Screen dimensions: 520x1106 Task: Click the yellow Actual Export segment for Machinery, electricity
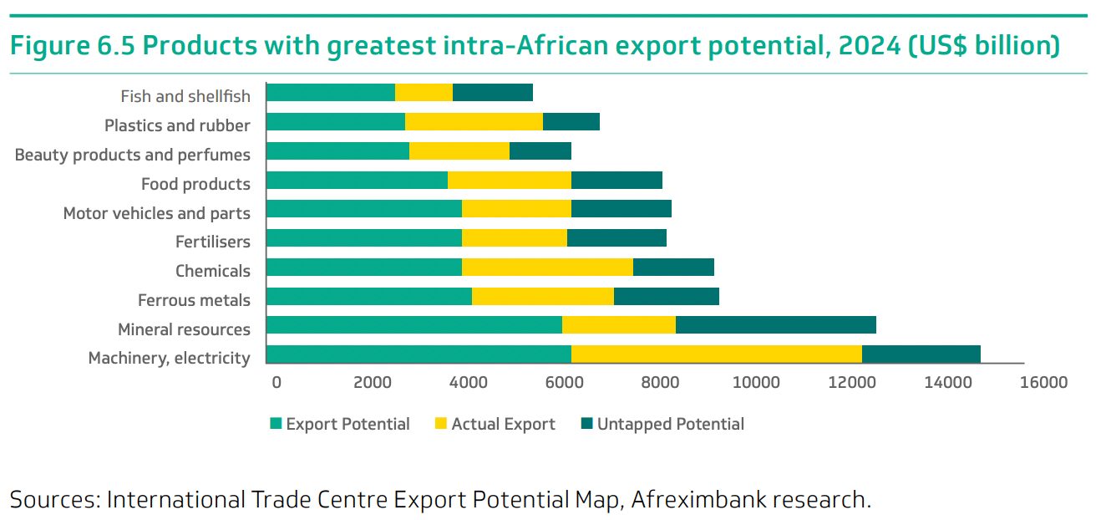[716, 354]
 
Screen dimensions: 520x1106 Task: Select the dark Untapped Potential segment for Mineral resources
[775, 325]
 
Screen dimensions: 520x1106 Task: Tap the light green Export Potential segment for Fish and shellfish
[330, 93]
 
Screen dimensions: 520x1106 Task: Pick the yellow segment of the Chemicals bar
[547, 268]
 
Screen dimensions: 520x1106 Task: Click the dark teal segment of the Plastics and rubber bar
[571, 122]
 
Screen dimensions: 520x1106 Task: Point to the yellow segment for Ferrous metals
[542, 297]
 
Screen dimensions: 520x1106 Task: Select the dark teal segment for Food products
[616, 180]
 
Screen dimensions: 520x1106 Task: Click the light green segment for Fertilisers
[363, 238]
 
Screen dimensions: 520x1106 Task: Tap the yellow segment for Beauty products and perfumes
[459, 151]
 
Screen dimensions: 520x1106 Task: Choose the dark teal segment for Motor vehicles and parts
[621, 209]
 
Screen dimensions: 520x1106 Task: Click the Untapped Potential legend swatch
[586, 424]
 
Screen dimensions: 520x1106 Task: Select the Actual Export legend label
[503, 424]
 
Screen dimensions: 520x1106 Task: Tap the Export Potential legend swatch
[276, 424]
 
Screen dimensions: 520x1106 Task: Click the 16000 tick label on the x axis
[1043, 383]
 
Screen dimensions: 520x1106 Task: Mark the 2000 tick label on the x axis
[373, 383]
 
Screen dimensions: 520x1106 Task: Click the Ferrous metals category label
[194, 299]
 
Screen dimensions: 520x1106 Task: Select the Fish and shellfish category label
[185, 96]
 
